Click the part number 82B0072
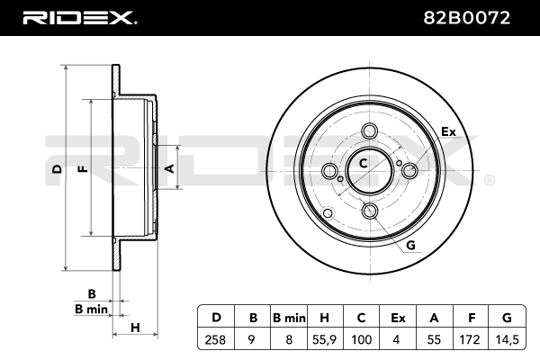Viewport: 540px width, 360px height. [478, 17]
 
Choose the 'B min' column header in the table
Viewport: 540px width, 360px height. [288, 317]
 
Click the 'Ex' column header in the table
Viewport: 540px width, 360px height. [398, 317]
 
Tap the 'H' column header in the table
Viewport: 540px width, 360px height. [325, 317]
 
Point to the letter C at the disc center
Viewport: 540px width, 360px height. [363, 164]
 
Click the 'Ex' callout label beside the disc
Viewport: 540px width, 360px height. [447, 131]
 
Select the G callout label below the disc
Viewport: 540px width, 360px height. [410, 245]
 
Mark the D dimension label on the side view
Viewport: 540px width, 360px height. [56, 168]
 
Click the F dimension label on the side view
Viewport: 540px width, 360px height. [82, 168]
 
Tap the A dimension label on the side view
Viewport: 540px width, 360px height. [167, 167]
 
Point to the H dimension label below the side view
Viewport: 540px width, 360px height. [135, 327]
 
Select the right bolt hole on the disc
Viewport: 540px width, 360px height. [409, 171]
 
